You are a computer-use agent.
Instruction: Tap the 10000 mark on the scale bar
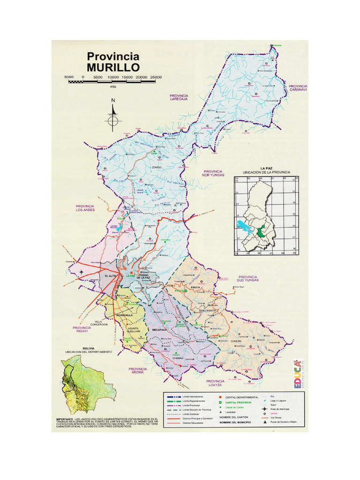click(113, 77)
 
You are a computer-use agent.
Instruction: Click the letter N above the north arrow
click(112, 101)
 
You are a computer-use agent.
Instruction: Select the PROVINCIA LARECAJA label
click(179, 97)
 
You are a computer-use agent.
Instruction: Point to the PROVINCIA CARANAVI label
click(298, 88)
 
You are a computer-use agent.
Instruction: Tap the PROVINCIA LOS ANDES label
click(85, 208)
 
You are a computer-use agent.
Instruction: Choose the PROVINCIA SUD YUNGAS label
click(248, 278)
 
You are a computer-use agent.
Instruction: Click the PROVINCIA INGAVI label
click(82, 330)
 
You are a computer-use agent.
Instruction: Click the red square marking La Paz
click(132, 272)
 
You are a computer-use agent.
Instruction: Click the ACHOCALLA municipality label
click(125, 315)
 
